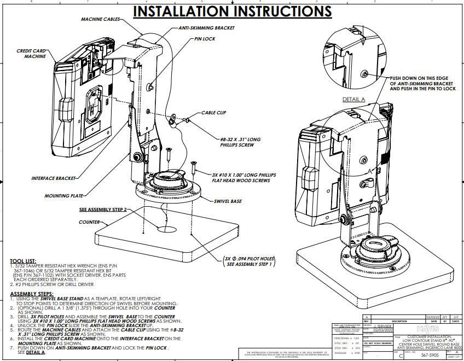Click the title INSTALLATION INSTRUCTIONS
pos(233,11)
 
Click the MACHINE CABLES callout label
pos(101,19)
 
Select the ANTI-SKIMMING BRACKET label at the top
pos(206,27)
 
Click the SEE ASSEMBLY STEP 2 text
pos(103,209)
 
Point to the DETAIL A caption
pos(353,100)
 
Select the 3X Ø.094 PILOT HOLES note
pos(248,260)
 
